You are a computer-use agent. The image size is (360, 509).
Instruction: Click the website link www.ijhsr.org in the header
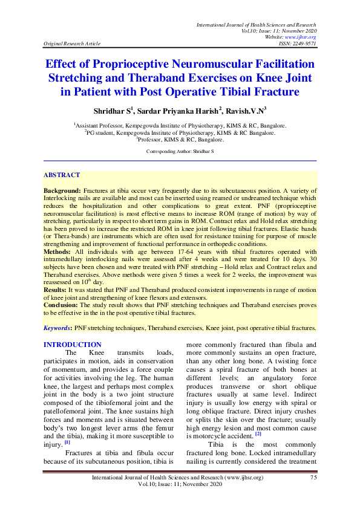(x=298, y=37)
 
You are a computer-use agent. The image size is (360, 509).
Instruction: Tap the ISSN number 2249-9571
(x=302, y=44)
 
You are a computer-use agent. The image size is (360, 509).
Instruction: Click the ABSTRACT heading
(x=61, y=175)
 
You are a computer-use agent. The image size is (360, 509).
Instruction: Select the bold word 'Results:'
(x=56, y=291)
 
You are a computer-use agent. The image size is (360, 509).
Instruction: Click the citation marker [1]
(x=67, y=443)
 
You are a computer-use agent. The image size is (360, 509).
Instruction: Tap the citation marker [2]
(x=258, y=433)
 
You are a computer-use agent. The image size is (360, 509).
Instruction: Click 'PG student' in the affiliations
(x=103, y=132)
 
